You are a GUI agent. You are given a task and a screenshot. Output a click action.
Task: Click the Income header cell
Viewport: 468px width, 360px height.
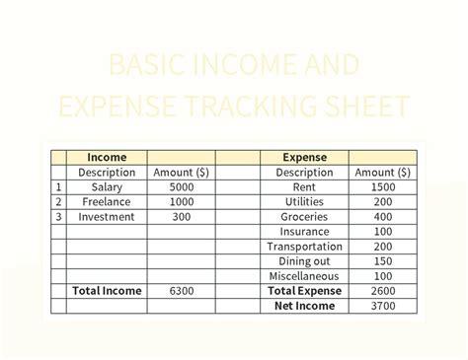[107, 157]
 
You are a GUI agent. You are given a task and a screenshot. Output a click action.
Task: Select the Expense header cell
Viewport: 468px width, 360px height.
[305, 157]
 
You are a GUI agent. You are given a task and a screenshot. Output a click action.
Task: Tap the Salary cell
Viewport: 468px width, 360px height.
[107, 186]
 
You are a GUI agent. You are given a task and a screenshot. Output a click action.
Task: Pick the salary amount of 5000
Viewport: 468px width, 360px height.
[181, 186]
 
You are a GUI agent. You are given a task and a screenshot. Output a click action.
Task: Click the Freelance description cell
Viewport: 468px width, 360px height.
[107, 201]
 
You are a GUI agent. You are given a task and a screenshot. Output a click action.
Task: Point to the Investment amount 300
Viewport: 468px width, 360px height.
[181, 216]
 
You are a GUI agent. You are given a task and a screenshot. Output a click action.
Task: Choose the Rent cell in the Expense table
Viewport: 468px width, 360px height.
[305, 186]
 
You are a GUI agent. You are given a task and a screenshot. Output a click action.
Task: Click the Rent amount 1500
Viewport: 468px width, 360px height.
[382, 186]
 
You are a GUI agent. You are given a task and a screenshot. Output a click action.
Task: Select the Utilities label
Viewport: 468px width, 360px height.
[305, 201]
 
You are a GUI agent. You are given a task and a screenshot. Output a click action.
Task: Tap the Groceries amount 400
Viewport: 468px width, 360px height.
[382, 216]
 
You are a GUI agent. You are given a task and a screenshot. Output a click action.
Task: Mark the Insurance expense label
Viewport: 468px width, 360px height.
[305, 231]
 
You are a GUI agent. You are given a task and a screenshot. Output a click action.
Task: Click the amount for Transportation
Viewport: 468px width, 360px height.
[382, 247]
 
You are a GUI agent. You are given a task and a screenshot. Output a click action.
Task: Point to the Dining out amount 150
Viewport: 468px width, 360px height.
[382, 261]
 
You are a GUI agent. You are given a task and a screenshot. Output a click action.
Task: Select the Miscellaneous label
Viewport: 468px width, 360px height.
[305, 276]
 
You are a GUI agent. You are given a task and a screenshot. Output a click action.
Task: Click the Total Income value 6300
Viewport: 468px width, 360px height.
[181, 291]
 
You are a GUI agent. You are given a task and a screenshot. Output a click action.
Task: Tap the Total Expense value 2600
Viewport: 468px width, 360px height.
[382, 291]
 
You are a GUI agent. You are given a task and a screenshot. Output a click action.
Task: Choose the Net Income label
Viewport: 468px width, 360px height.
[305, 306]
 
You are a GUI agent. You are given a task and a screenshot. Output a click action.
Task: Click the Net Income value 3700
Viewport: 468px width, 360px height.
[382, 306]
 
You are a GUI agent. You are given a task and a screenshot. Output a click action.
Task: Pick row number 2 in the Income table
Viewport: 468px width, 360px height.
[58, 201]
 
